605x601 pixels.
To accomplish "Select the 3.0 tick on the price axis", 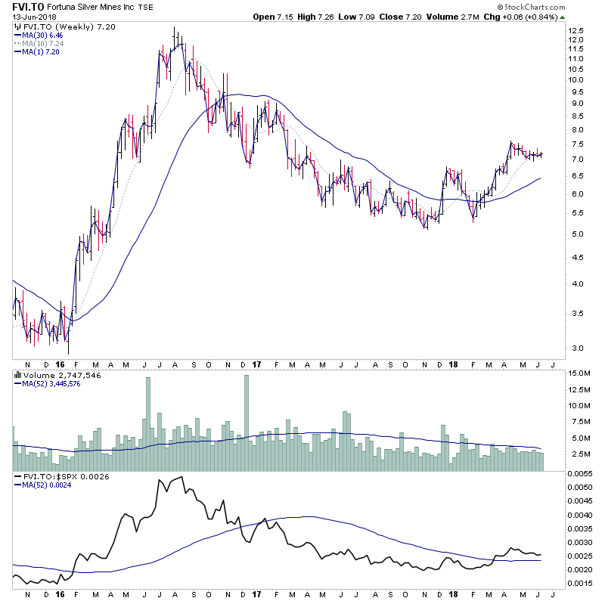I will [576, 349].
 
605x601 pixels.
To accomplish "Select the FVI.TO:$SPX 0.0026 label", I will [57, 476].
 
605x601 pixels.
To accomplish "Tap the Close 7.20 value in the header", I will [395, 17].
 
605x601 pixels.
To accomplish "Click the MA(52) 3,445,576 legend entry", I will [52, 384].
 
